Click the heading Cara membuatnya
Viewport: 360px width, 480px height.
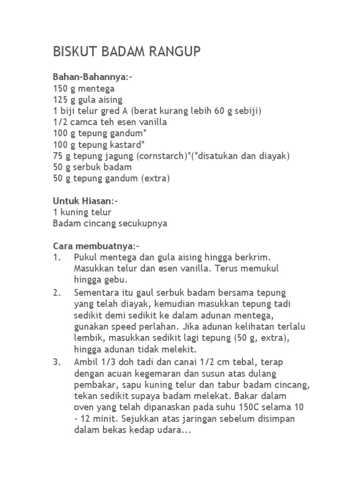[93, 246]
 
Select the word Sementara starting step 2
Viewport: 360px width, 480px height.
[97, 293]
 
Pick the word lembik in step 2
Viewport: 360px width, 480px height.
[88, 338]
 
